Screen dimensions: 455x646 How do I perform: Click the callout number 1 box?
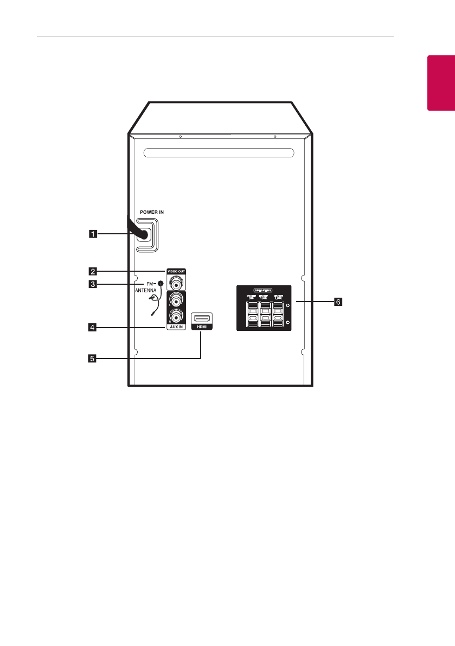pyautogui.click(x=94, y=234)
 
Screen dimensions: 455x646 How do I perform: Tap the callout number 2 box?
pyautogui.click(x=94, y=271)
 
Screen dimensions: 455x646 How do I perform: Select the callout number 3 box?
pyautogui.click(x=94, y=284)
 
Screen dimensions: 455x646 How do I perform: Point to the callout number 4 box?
pyautogui.click(x=94, y=328)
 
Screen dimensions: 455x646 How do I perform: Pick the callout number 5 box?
pyautogui.click(x=94, y=358)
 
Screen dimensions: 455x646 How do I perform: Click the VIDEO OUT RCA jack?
pyautogui.click(x=176, y=283)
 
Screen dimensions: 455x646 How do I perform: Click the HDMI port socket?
pyautogui.click(x=202, y=318)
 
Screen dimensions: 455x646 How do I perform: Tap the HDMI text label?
pyautogui.click(x=202, y=328)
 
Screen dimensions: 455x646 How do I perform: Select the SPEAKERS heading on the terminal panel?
pyautogui.click(x=263, y=290)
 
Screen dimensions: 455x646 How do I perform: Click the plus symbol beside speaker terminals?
pyautogui.click(x=287, y=306)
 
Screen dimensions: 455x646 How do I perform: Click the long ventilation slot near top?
pyautogui.click(x=220, y=154)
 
